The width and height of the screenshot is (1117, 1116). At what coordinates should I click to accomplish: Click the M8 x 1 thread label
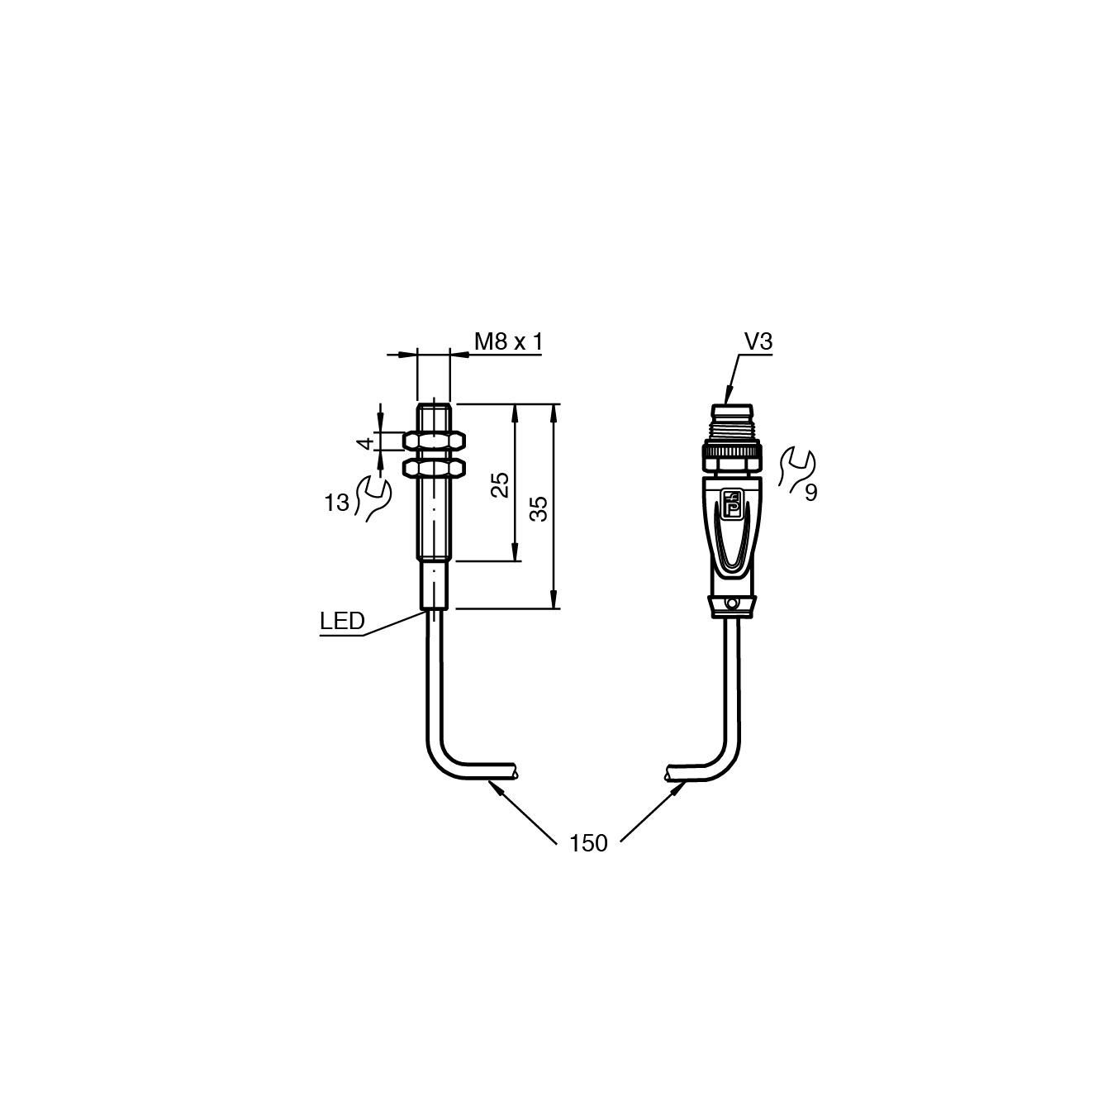tap(508, 341)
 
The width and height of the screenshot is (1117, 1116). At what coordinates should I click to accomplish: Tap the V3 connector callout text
tap(758, 341)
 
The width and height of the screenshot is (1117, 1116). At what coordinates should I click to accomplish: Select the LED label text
tap(342, 621)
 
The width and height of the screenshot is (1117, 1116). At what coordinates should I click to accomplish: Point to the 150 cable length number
tap(588, 843)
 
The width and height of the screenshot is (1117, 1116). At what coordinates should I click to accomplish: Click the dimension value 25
tap(500, 485)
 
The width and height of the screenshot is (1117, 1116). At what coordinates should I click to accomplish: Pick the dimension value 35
tap(539, 508)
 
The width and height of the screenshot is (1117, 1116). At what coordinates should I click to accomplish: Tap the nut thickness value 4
tap(365, 444)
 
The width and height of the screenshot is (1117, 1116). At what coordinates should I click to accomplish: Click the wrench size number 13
tap(336, 503)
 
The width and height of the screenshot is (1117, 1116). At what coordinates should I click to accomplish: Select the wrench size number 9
tap(811, 493)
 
